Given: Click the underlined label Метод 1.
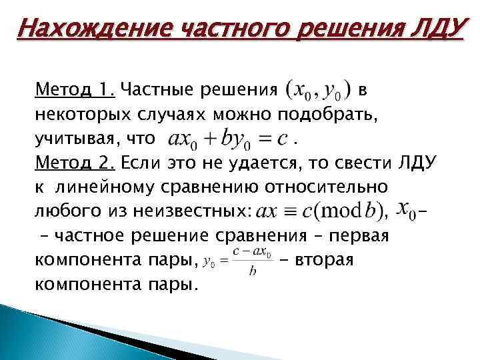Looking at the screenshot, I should coord(75,89).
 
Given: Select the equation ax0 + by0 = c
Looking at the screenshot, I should coord(227,139).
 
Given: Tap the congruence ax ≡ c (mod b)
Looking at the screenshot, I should coord(318,211).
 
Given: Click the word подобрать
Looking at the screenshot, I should coord(325,113).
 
